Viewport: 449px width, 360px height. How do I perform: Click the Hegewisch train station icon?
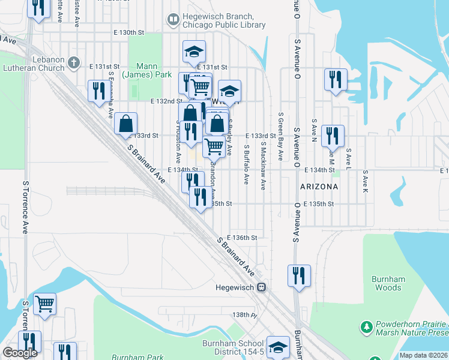coord(262,287)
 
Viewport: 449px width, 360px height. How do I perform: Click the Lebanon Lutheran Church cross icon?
coord(73,62)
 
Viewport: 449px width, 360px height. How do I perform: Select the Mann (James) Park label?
coord(139,70)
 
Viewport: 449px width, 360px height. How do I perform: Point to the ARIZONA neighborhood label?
coord(318,187)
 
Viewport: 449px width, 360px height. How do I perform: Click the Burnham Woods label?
coord(388,283)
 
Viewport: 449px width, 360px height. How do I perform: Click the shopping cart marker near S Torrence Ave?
coord(44,303)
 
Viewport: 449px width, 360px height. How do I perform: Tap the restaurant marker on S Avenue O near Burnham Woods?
coord(299,275)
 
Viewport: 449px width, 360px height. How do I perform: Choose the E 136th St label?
coord(242,238)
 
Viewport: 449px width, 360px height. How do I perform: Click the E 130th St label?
coord(130,32)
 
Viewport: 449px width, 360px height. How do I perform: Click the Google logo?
coord(20,353)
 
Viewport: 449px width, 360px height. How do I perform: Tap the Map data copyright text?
coord(424,355)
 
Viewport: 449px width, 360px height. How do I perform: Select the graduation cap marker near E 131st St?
coord(194,51)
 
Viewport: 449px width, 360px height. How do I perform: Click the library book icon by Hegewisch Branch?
coord(173,20)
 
